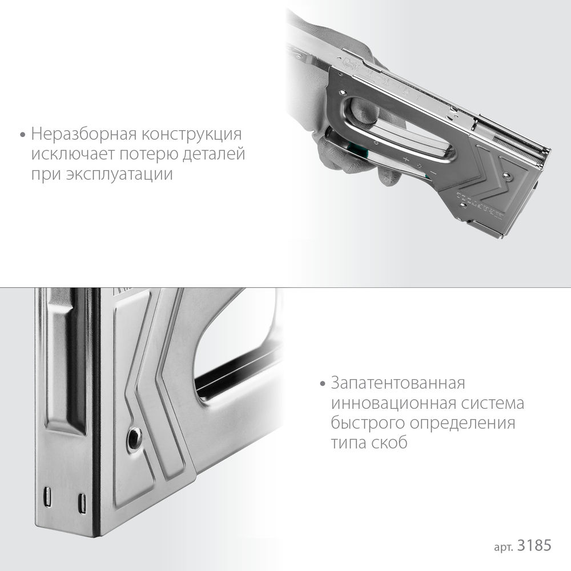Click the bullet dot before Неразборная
[23, 136]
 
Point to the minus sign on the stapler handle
[434, 172]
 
